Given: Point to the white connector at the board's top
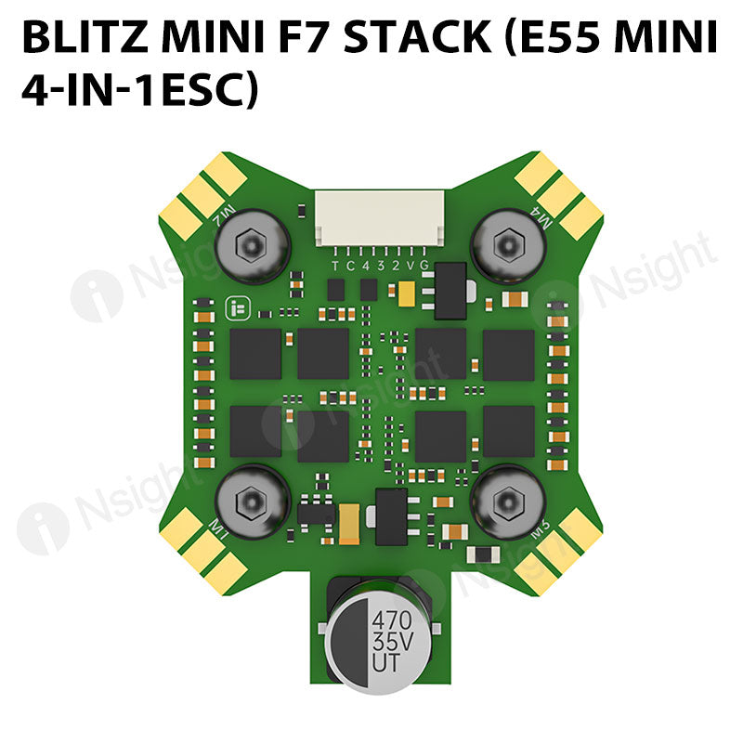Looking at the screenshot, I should click(x=372, y=219).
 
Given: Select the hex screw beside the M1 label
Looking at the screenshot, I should click(x=251, y=502).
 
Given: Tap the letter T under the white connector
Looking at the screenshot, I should click(x=336, y=265).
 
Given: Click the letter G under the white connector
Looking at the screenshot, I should click(x=424, y=265).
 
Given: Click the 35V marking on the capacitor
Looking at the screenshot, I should click(x=391, y=642).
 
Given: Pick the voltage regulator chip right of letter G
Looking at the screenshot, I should click(x=450, y=280).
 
